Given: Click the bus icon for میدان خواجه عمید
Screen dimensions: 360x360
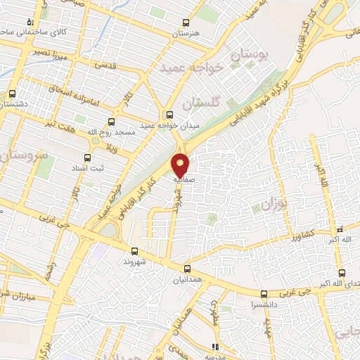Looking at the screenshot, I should pyautogui.click(x=168, y=115).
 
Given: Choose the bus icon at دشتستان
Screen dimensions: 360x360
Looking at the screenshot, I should pyautogui.click(x=12, y=93).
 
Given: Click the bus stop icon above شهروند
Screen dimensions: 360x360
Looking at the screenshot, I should pyautogui.click(x=134, y=251).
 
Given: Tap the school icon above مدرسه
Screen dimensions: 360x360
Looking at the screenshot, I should pyautogui.click(x=215, y=346).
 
